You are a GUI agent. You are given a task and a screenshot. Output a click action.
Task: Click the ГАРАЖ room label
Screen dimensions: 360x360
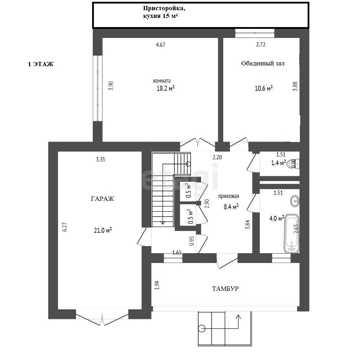pyautogui.click(x=102, y=199)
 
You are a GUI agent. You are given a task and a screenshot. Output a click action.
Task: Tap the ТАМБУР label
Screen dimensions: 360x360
pyautogui.click(x=225, y=289)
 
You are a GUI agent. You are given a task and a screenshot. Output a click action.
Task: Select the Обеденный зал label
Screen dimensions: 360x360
pyautogui.click(x=263, y=63)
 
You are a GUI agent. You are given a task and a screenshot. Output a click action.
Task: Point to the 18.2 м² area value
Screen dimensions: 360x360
pyautogui.click(x=166, y=88)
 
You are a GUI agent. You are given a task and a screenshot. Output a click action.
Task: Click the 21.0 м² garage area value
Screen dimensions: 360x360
pyautogui.click(x=103, y=230)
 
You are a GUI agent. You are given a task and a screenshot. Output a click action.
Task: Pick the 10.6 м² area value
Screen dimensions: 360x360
pyautogui.click(x=264, y=88)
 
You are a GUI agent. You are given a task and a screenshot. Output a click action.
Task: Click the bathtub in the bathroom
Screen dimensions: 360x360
pyautogui.click(x=291, y=233)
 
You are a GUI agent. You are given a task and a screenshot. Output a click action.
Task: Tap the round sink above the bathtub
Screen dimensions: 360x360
pyautogui.click(x=295, y=201)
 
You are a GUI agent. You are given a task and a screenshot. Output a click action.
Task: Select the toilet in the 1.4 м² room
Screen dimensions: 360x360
pyautogui.click(x=294, y=164)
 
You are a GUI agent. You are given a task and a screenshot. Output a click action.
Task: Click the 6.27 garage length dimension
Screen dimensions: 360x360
pyautogui.click(x=65, y=227)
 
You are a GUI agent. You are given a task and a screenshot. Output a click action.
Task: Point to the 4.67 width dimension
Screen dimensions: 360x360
pyautogui.click(x=160, y=45)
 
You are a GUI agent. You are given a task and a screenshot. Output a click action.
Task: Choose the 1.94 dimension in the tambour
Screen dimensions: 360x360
pyautogui.click(x=157, y=285)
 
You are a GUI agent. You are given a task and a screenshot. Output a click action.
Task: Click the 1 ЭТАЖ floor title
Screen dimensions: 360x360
pyautogui.click(x=41, y=64)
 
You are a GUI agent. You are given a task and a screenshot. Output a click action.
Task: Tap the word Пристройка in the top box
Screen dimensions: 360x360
pyautogui.click(x=164, y=8)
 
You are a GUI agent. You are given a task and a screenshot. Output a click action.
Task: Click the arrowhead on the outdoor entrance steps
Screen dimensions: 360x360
pyautogui.click(x=238, y=317)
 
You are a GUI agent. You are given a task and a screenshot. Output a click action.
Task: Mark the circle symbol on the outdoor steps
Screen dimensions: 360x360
pyautogui.click(x=202, y=329)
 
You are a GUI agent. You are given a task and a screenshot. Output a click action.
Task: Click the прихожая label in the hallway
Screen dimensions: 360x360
pyautogui.click(x=229, y=196)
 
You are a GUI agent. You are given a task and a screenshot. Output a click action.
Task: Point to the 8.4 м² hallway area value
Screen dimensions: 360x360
pyautogui.click(x=231, y=207)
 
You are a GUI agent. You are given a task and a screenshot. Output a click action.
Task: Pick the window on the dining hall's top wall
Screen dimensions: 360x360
pyautogui.click(x=255, y=33)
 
